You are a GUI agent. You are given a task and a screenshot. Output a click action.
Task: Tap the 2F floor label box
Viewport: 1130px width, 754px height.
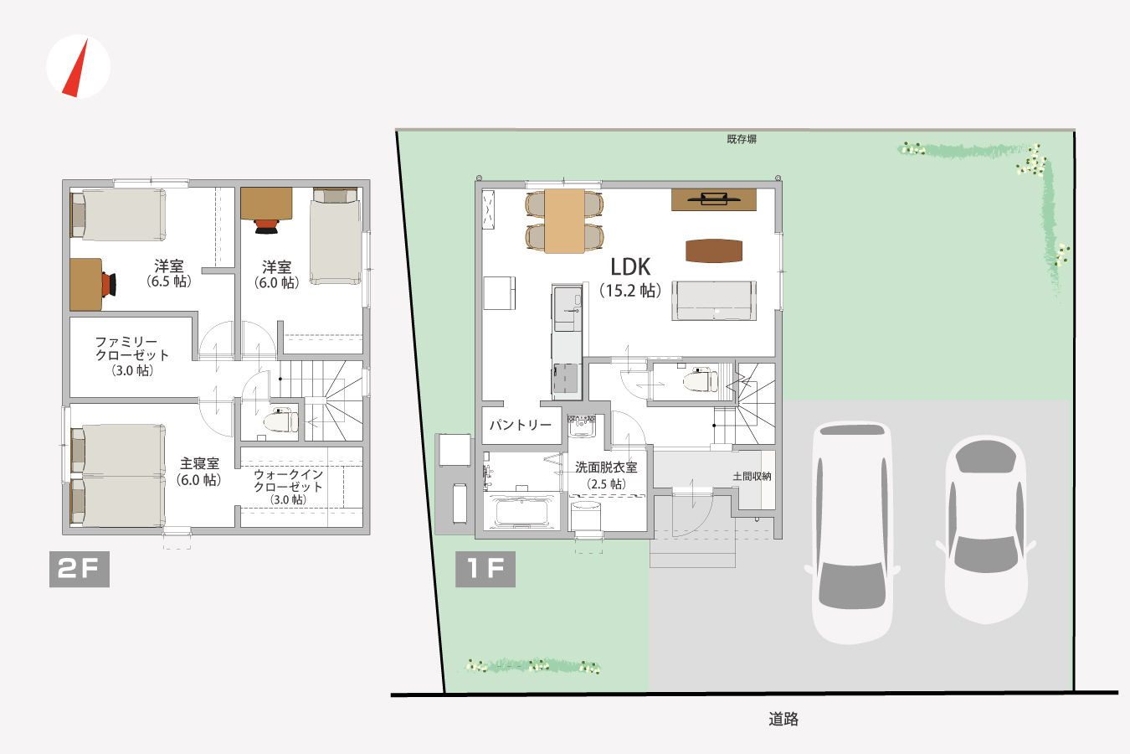click(80, 569)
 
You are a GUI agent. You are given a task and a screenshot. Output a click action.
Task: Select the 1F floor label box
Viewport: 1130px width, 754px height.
click(485, 569)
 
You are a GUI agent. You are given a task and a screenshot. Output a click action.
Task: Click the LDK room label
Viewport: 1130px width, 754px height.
click(630, 267)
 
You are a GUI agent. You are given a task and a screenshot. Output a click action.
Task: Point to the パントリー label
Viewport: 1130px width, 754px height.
click(521, 425)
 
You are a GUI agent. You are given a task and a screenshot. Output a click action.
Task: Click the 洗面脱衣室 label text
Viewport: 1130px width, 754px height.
click(606, 467)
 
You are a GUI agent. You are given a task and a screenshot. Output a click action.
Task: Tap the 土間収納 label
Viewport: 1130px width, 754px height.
click(752, 476)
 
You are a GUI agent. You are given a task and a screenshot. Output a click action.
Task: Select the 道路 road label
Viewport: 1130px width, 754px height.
click(783, 719)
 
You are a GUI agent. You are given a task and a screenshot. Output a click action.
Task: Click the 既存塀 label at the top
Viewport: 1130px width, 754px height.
click(742, 139)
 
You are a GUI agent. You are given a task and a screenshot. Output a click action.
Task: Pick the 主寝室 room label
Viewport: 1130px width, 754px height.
click(200, 463)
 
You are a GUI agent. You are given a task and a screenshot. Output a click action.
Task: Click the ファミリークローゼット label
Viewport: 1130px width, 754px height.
click(131, 349)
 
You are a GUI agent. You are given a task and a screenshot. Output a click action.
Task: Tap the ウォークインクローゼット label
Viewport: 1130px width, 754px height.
click(288, 480)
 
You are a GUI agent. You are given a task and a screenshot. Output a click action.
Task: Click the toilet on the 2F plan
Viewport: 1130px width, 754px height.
click(280, 421)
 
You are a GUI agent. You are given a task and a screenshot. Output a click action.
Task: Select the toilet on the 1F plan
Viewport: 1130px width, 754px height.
click(701, 380)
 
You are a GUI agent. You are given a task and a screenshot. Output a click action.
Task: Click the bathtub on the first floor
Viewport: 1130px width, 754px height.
click(521, 512)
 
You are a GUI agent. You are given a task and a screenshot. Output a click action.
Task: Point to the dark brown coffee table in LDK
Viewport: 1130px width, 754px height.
click(714, 250)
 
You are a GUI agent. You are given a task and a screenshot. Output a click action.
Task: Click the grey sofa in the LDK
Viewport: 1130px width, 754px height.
click(714, 301)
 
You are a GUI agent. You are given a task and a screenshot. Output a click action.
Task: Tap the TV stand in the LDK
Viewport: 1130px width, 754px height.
click(714, 199)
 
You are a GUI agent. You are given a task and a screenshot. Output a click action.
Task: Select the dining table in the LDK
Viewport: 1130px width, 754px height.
click(564, 220)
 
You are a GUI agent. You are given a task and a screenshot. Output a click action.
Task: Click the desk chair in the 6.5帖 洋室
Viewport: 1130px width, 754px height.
click(109, 284)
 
